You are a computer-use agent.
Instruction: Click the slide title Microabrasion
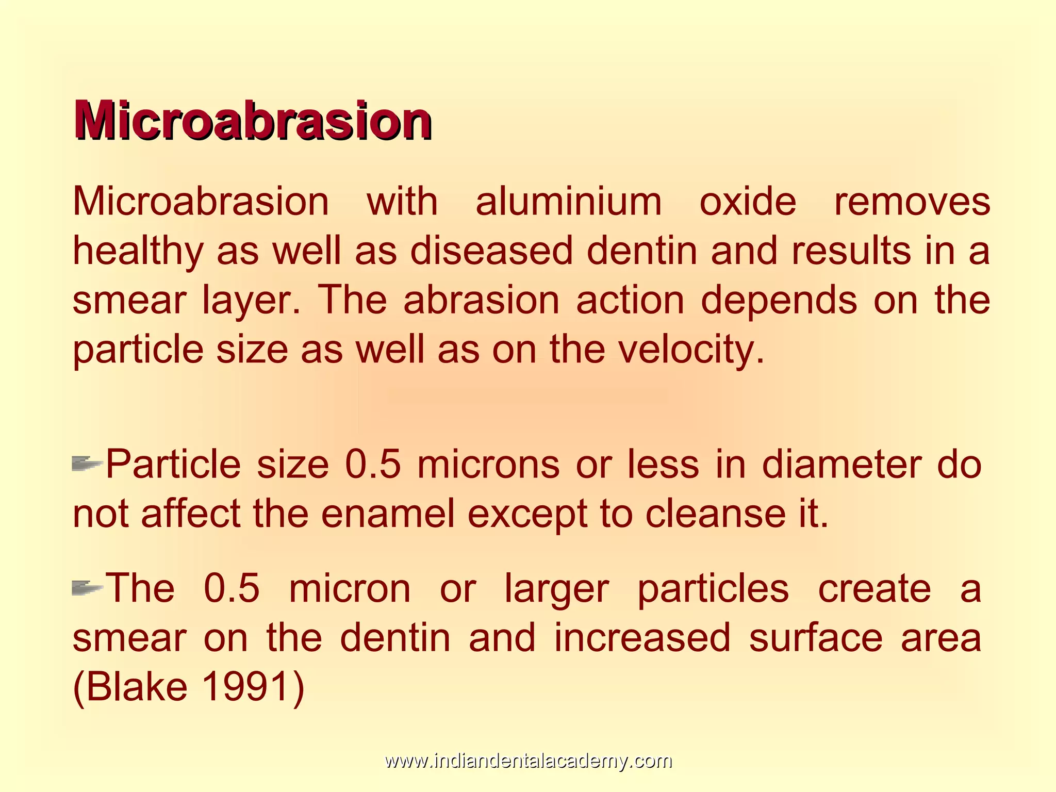253,121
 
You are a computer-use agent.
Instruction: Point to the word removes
912,202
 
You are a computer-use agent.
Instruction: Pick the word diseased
491,251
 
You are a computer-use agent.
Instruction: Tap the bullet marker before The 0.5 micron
87,587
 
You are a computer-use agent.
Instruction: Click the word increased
642,637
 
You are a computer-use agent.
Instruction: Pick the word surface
816,637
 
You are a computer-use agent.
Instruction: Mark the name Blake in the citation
137,687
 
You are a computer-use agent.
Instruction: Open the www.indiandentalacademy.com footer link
528,761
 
